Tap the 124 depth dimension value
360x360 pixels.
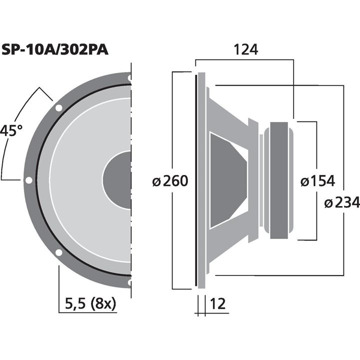pos(245,49)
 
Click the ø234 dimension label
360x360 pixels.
pos(341,202)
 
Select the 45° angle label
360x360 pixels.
pos(11,131)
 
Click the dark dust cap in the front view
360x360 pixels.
pos(118,180)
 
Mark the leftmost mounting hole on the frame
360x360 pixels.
pos(29,180)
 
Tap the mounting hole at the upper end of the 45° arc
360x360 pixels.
pos(59,108)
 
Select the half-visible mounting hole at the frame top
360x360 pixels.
pos(129,78)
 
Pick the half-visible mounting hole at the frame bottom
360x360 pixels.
pos(129,282)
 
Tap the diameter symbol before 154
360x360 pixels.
pos(304,181)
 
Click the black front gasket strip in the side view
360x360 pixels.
pos(195,180)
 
